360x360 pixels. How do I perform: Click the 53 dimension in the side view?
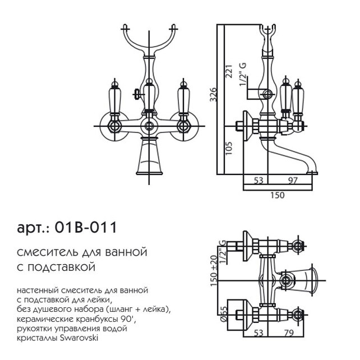[259, 181]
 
